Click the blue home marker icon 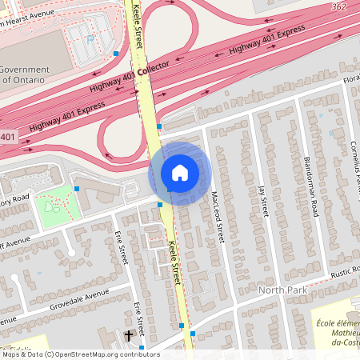180,172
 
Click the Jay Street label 262,200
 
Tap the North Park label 282,288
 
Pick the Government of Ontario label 25,74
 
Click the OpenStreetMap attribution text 80,354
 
